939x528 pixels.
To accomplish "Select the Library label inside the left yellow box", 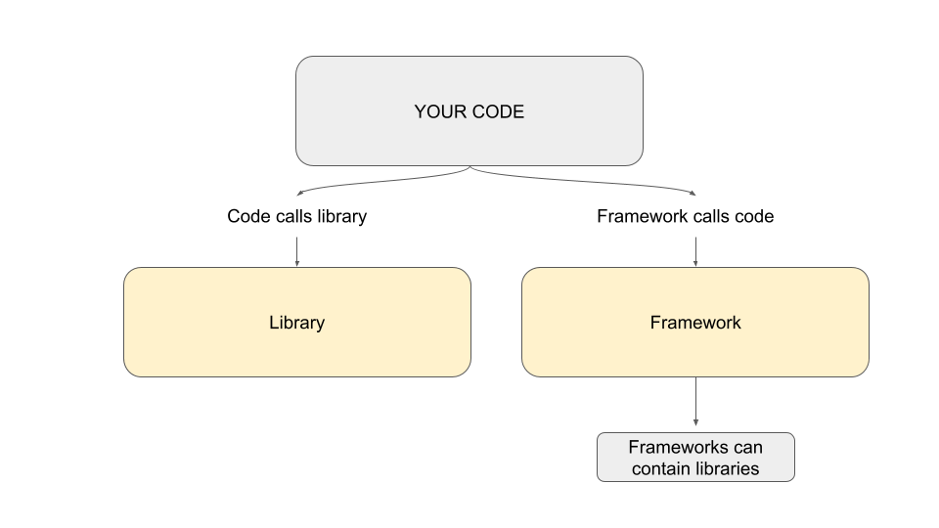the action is tap(297, 324).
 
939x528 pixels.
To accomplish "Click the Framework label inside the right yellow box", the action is tap(695, 323).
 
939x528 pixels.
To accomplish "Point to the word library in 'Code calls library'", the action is tap(342, 217).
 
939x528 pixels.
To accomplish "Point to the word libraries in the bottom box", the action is tap(727, 468).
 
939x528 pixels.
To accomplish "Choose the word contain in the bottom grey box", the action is tap(660, 468).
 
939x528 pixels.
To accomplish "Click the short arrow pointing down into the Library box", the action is tap(297, 251).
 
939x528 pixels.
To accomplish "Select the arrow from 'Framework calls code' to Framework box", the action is tap(695, 251).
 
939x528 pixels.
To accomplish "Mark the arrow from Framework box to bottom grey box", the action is tap(695, 401).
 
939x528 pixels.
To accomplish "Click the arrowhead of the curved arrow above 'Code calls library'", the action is tap(299, 193).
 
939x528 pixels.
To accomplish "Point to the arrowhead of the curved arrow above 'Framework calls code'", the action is tap(693, 193).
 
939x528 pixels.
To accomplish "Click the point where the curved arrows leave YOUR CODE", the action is tap(470, 166).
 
